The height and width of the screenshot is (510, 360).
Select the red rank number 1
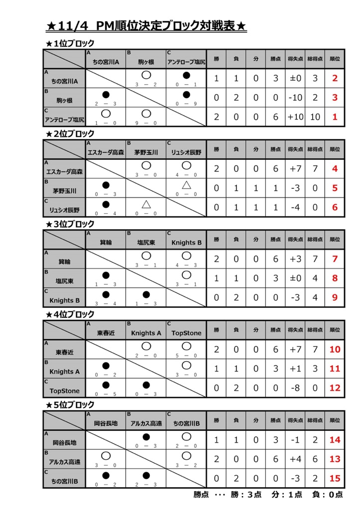[335, 117]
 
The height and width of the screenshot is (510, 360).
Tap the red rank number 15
[335, 478]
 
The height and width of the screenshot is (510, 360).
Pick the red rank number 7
[335, 259]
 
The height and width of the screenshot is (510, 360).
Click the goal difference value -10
[295, 98]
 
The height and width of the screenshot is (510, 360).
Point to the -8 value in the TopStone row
[295, 387]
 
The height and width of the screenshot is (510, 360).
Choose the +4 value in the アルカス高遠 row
[295, 459]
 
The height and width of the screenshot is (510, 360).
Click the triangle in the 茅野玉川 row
[186, 185]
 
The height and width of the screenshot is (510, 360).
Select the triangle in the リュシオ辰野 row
[146, 204]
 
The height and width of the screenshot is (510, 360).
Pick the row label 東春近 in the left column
[65, 352]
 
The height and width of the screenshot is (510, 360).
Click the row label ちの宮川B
[65, 481]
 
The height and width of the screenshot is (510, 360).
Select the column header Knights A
[146, 333]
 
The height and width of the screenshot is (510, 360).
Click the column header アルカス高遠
[146, 423]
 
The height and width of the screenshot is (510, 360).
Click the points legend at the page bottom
[268, 495]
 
